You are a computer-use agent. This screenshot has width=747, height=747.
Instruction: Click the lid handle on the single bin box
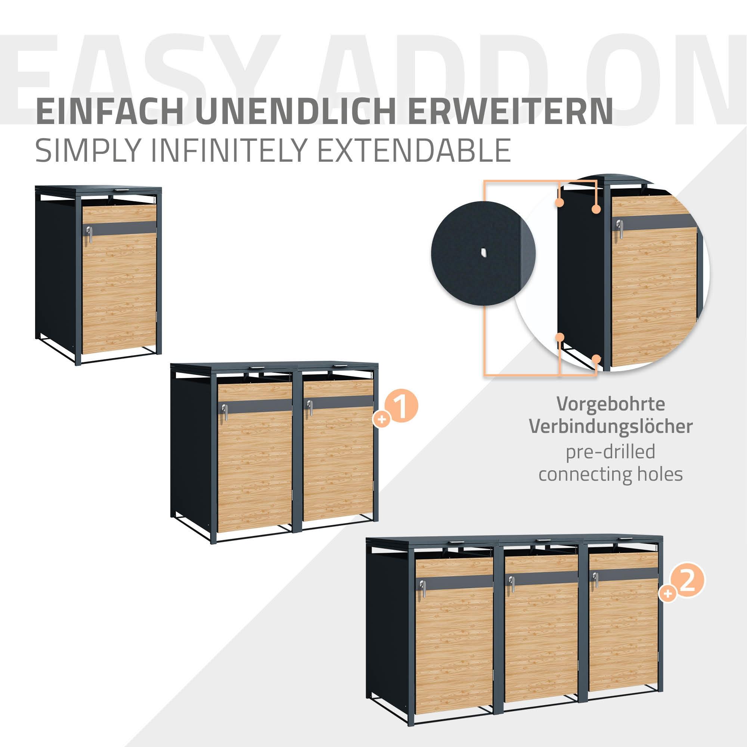(121, 190)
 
